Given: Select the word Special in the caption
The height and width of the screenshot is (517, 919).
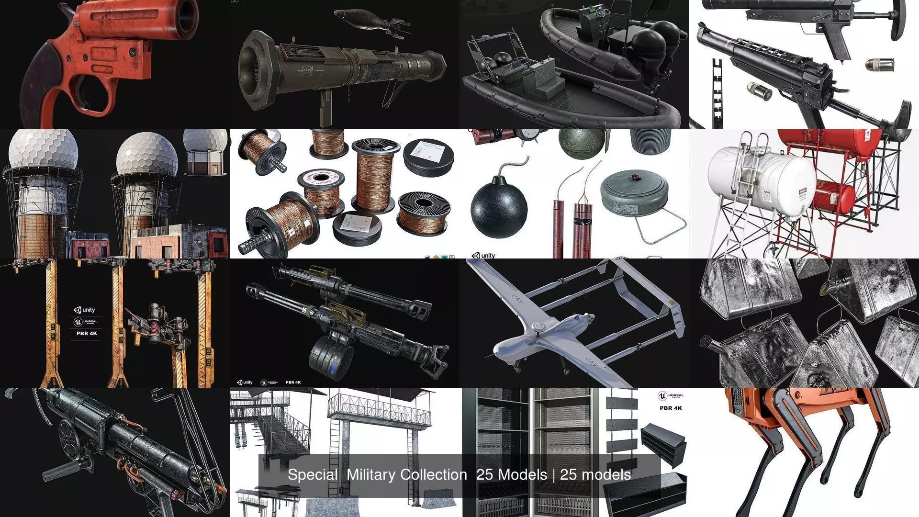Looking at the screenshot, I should tap(313, 475).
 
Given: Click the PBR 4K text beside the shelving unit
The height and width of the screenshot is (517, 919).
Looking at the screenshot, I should tap(671, 408).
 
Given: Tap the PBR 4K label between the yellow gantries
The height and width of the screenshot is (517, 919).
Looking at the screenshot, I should tap(87, 333).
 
